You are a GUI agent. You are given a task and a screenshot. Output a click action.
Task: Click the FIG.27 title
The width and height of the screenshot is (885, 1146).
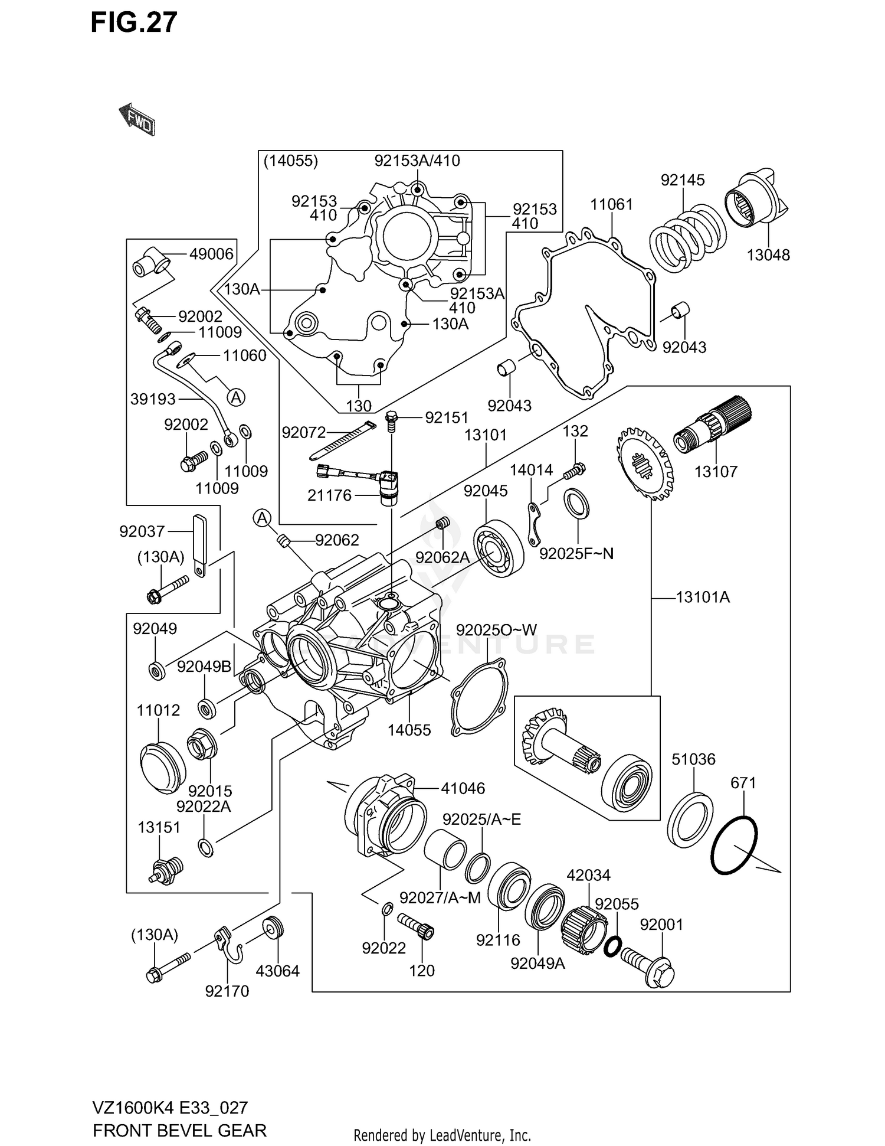[133, 22]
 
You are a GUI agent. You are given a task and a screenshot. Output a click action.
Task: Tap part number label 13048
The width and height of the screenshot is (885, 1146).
[768, 255]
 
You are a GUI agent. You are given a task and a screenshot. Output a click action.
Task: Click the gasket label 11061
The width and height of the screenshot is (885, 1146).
[611, 204]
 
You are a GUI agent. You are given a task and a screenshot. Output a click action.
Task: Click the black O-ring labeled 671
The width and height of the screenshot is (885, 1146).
[734, 845]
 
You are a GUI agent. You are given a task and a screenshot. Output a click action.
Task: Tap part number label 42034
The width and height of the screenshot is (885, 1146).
[588, 875]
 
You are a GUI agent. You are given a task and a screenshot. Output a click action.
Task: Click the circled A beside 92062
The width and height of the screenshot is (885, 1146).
[262, 518]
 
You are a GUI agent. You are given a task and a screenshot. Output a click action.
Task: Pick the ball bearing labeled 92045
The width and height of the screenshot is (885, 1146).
[499, 548]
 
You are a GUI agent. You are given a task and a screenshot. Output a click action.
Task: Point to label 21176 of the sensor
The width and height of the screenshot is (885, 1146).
[329, 495]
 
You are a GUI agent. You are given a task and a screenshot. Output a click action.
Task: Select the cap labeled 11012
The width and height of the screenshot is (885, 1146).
[162, 767]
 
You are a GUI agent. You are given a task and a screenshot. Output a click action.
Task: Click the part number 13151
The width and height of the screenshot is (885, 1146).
[159, 828]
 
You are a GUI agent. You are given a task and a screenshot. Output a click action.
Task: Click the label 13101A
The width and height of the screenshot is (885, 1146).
[702, 598]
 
